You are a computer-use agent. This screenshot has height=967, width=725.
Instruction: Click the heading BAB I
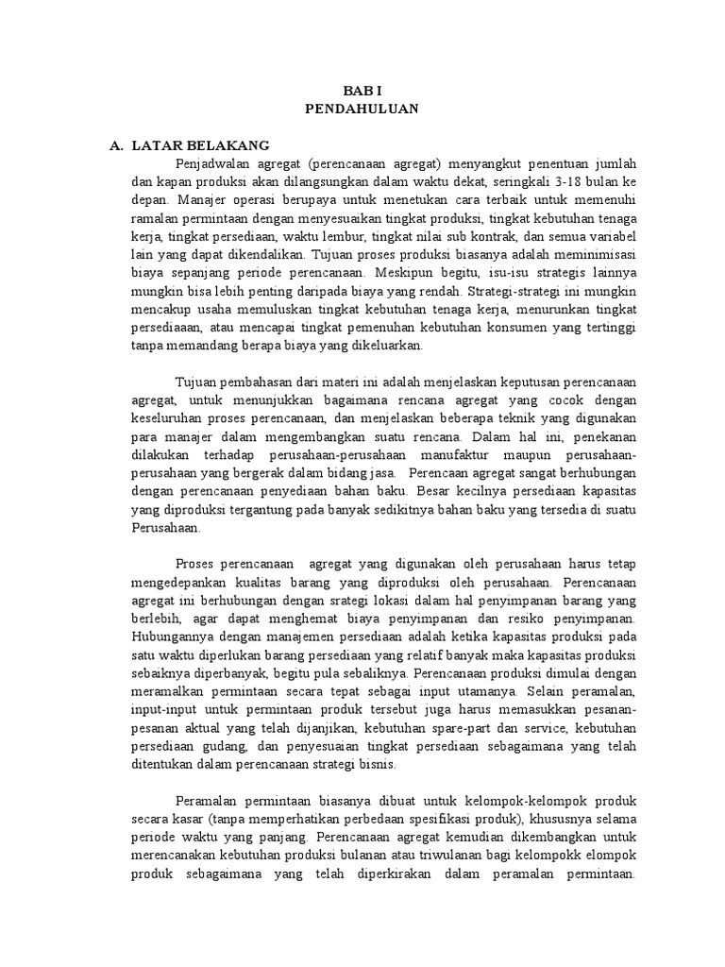(362, 89)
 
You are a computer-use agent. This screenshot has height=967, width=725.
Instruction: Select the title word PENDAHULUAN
(362, 109)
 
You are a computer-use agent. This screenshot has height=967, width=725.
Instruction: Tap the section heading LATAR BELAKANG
(200, 145)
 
